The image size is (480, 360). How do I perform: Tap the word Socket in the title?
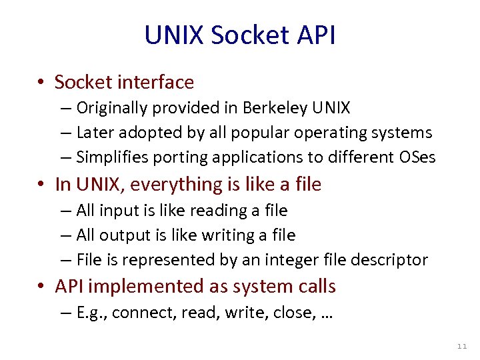[243, 35]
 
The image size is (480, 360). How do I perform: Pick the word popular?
[257, 133]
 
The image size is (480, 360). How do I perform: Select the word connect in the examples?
[137, 313]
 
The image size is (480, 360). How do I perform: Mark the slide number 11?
[462, 347]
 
